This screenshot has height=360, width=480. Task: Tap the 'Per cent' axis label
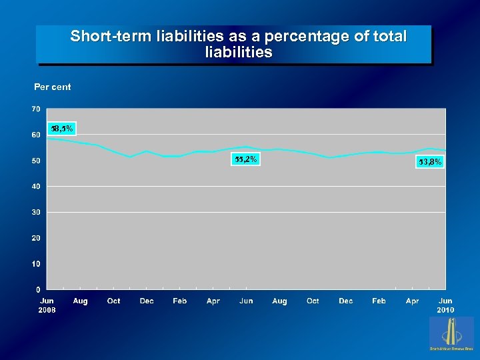pyautogui.click(x=53, y=87)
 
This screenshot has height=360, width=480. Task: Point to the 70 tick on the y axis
pyautogui.click(x=35, y=109)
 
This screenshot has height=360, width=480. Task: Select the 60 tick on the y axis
pyautogui.click(x=35, y=135)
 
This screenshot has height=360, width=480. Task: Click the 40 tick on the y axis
pyautogui.click(x=35, y=186)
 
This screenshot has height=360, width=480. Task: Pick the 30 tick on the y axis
pyautogui.click(x=35, y=212)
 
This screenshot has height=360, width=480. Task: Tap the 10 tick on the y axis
pyautogui.click(x=35, y=264)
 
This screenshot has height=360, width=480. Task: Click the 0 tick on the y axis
pyautogui.click(x=37, y=289)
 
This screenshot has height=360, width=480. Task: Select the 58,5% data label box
pyautogui.click(x=63, y=128)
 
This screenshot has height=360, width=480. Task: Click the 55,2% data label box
pyautogui.click(x=245, y=159)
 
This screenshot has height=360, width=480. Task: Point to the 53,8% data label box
pyautogui.click(x=430, y=161)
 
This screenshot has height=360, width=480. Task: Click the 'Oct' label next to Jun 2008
pyautogui.click(x=114, y=301)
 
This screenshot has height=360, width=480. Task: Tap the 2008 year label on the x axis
pyautogui.click(x=47, y=310)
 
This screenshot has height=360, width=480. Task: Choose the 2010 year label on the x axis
pyautogui.click(x=445, y=310)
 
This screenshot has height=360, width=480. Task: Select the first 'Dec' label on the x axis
pyautogui.click(x=147, y=301)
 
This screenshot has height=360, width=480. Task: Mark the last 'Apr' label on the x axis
pyautogui.click(x=413, y=301)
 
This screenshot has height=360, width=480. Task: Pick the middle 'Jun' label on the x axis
pyautogui.click(x=246, y=301)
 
